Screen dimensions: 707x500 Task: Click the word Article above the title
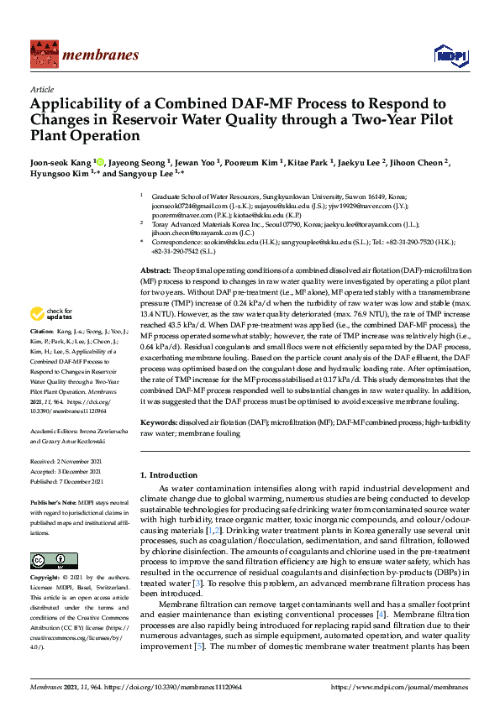click(41, 89)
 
